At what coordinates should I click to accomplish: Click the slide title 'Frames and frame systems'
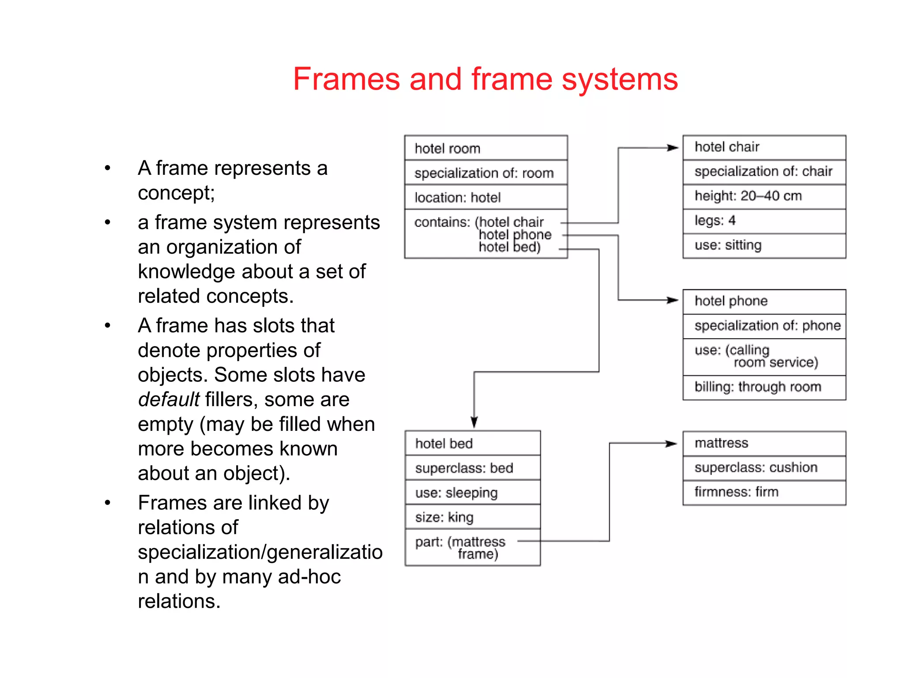[485, 79]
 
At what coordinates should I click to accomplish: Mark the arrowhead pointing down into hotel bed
[474, 422]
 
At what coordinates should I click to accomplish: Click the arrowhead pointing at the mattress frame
[671, 444]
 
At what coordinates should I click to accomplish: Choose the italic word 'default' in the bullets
[169, 400]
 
